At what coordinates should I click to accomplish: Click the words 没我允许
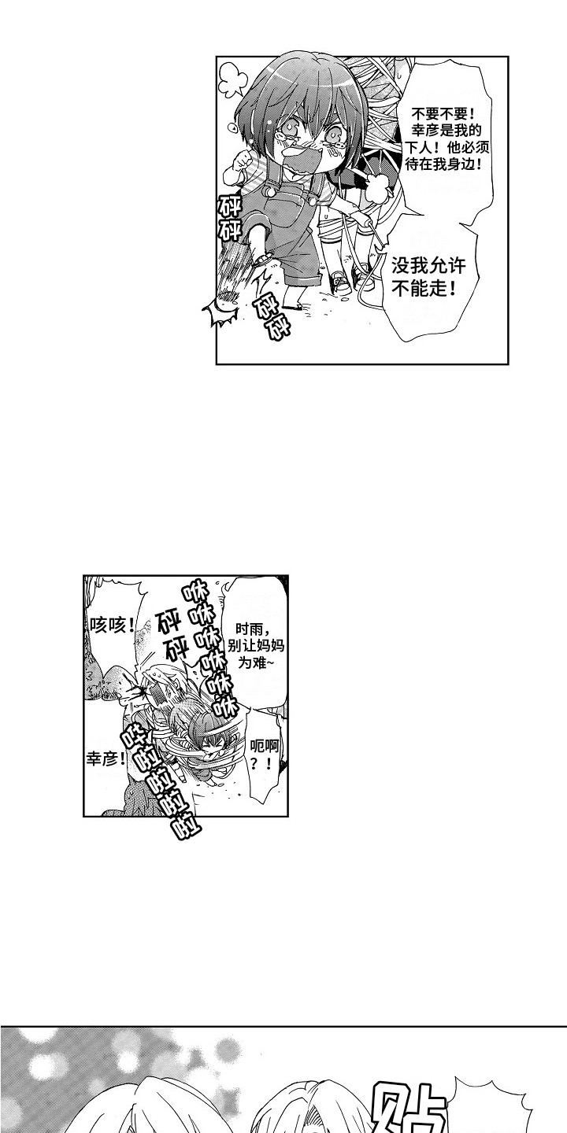coord(428,265)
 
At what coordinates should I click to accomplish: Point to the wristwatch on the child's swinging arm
coord(262,258)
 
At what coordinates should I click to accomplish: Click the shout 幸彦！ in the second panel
coord(106,758)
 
